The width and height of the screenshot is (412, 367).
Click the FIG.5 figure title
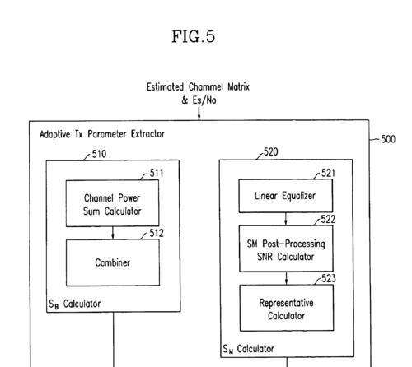pyautogui.click(x=194, y=36)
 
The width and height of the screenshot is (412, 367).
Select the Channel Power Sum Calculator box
pyautogui.click(x=112, y=203)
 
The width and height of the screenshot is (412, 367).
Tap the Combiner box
pyautogui.click(x=113, y=262)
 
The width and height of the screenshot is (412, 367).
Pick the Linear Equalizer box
pyautogui.click(x=286, y=196)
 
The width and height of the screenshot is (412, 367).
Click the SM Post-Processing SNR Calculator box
pyautogui.click(x=286, y=249)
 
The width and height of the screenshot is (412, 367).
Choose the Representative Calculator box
pyautogui.click(x=287, y=308)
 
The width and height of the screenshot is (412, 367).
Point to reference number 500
pyautogui.click(x=388, y=139)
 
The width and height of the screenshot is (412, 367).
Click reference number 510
pyautogui.click(x=99, y=154)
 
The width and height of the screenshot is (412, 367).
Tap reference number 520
pyautogui.click(x=271, y=151)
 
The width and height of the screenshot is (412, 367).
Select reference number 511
pyautogui.click(x=157, y=173)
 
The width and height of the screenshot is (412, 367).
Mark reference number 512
pyautogui.click(x=157, y=233)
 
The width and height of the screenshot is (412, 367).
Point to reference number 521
pyautogui.click(x=328, y=173)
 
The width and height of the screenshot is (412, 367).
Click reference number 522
pyautogui.click(x=328, y=220)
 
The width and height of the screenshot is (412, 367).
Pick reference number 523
pyautogui.click(x=329, y=278)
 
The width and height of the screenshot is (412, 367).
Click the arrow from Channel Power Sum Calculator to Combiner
pyautogui.click(x=113, y=233)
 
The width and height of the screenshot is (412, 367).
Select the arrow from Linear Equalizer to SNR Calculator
pyautogui.click(x=286, y=219)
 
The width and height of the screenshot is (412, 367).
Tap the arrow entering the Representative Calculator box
pyautogui.click(x=287, y=278)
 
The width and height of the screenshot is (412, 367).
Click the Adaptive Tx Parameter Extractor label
pyautogui.click(x=102, y=134)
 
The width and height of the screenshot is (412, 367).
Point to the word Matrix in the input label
pyautogui.click(x=238, y=87)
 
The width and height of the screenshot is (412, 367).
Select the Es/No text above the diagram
pyautogui.click(x=204, y=100)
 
